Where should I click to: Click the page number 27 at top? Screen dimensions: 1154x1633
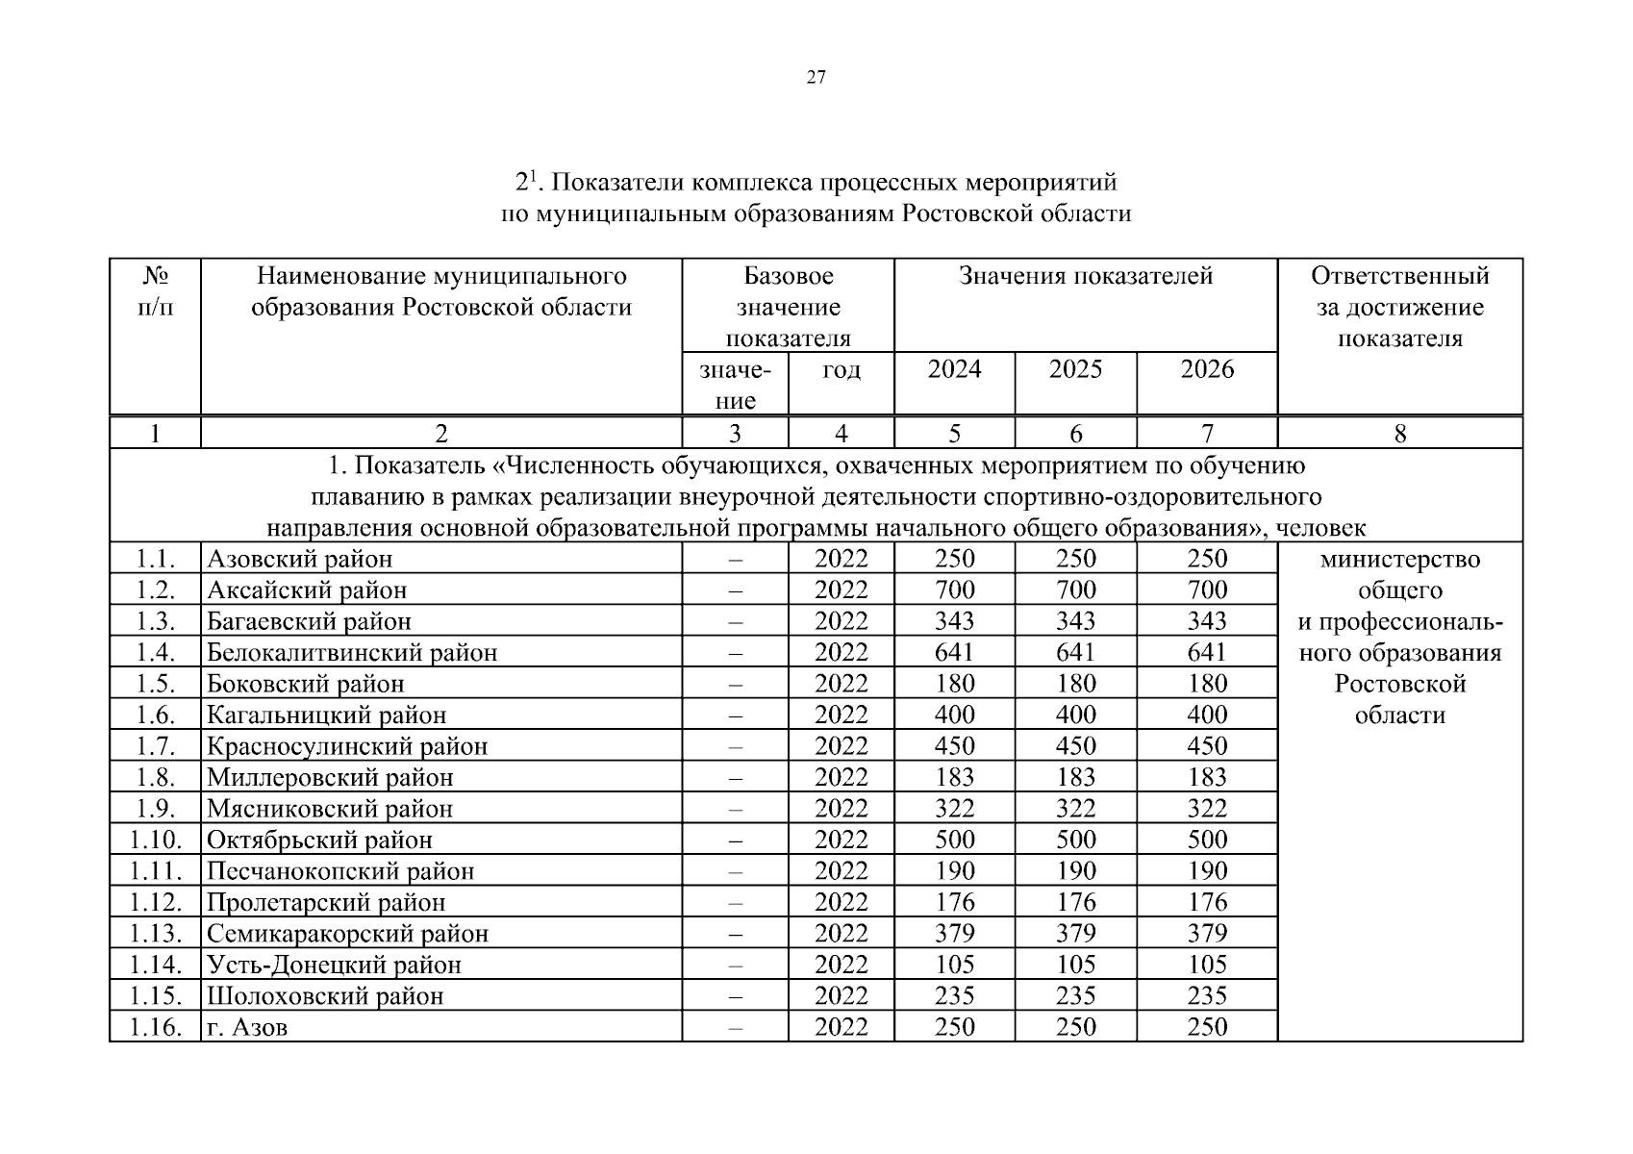(816, 79)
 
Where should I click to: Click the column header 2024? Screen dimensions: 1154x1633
(954, 369)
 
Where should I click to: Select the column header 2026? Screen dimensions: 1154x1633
(1207, 369)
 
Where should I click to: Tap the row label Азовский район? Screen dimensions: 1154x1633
(300, 559)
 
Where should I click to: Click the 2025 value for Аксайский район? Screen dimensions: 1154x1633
(1075, 590)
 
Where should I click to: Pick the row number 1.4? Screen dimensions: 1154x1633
(155, 652)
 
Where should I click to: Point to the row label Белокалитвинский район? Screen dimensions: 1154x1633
(352, 652)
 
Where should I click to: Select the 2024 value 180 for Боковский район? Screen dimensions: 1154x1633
(954, 684)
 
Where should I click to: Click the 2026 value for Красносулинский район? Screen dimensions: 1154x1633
(1207, 746)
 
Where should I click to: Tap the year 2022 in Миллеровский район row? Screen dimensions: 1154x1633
(841, 777)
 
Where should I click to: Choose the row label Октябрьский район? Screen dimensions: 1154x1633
(319, 840)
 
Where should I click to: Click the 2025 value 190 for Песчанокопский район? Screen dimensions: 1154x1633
(1075, 870)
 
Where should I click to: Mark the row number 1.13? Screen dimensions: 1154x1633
(155, 933)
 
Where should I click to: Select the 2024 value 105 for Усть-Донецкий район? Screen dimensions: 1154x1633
(954, 964)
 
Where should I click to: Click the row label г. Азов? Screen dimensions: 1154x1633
(247, 1027)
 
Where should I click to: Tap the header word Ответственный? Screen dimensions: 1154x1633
(1399, 277)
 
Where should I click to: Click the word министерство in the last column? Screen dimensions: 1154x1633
(1399, 559)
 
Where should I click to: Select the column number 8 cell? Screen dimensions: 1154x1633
(1399, 434)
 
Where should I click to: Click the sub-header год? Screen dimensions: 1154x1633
(841, 370)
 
